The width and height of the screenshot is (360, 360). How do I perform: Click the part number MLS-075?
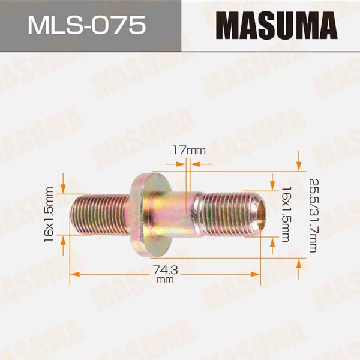(89, 25)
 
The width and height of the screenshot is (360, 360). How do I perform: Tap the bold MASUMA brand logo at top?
(271, 26)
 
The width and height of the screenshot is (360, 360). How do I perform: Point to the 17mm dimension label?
(187, 149)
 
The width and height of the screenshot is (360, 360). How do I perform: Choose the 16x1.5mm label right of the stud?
(286, 214)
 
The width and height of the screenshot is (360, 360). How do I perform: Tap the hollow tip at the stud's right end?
(259, 214)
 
